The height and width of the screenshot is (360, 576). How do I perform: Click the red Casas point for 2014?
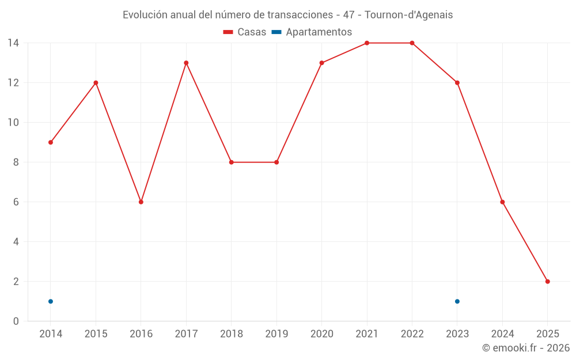(51, 142)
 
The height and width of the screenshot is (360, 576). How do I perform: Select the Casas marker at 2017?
(186, 63)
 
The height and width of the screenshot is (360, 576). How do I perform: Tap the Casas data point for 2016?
(141, 202)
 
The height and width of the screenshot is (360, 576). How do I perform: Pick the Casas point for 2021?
(367, 43)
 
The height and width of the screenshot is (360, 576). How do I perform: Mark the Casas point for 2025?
(548, 282)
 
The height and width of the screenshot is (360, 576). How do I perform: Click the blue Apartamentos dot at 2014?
(51, 301)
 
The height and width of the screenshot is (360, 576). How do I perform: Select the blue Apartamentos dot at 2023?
(457, 301)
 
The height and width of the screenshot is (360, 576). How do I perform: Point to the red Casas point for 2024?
(502, 202)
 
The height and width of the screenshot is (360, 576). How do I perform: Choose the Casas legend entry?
(245, 32)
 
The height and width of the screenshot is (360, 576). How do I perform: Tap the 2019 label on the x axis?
(276, 334)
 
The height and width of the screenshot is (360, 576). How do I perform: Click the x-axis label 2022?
(412, 334)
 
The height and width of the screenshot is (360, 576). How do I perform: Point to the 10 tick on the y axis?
(13, 123)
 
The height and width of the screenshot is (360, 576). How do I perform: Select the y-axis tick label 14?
(13, 43)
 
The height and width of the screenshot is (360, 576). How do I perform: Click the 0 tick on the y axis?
(16, 321)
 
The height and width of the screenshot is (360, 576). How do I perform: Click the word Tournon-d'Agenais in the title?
(409, 15)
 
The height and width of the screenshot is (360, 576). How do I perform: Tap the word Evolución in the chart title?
(145, 15)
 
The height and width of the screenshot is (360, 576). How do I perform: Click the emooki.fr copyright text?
(526, 348)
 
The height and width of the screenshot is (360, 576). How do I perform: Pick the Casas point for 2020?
(321, 63)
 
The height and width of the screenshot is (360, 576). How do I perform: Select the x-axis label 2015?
(96, 334)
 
